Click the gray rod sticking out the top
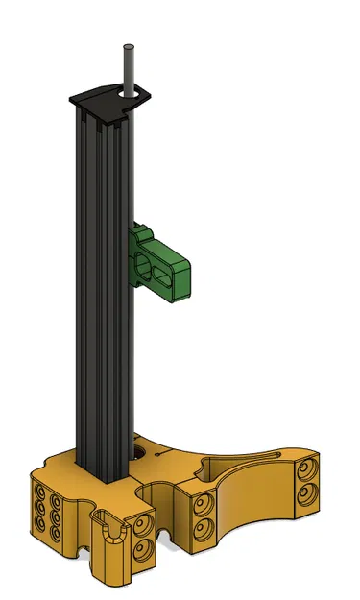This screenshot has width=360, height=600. [127, 67]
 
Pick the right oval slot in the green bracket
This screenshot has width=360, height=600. [174, 276]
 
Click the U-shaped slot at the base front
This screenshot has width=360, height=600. [113, 533]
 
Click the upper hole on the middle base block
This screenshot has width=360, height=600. [201, 503]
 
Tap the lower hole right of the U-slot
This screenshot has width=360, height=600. [144, 548]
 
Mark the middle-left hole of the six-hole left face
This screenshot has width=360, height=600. [42, 505]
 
